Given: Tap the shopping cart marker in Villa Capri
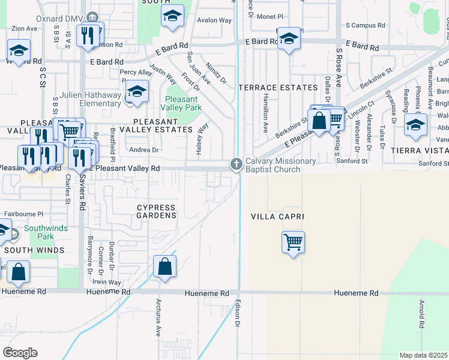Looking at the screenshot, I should [293, 243].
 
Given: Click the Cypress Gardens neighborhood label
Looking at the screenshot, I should [157, 211].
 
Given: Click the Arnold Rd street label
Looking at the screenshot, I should [423, 313].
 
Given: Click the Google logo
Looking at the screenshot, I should [20, 353].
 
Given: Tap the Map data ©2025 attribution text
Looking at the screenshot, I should [424, 355].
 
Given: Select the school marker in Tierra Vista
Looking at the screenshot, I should [415, 125].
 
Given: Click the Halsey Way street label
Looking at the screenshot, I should [202, 139].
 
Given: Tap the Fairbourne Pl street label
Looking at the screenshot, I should [24, 213].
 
